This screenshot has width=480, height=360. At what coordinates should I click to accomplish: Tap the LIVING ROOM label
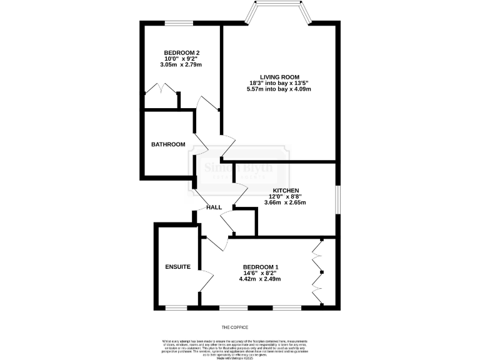[279, 77]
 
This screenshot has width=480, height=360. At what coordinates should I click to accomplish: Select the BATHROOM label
[168, 144]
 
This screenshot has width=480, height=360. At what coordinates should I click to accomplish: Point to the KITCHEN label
[286, 190]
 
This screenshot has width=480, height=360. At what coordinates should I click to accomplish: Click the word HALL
[214, 207]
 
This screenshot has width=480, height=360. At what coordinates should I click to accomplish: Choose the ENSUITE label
[177, 267]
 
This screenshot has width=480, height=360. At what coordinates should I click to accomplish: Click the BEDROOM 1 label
[261, 267]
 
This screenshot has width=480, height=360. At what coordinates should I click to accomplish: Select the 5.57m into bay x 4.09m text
[279, 89]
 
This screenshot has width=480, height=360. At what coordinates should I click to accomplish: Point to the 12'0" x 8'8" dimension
[286, 196]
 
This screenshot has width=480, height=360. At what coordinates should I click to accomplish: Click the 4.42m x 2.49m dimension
[261, 279]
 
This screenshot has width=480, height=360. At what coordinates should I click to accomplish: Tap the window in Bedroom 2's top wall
[179, 24]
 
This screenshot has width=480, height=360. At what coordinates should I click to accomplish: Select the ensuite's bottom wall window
[176, 307]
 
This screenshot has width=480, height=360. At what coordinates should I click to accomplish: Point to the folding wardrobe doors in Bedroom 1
[318, 272]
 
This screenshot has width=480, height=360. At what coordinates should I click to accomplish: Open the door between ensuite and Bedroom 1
[204, 280]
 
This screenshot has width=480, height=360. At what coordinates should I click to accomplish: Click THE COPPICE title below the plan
[235, 327]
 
